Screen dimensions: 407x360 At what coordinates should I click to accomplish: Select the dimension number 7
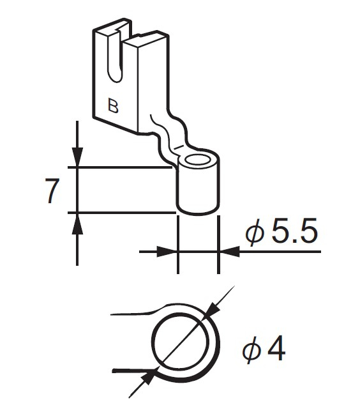[53, 190]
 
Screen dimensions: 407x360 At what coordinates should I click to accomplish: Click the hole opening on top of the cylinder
[200, 159]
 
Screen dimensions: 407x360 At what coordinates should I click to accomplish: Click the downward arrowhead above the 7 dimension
[77, 157]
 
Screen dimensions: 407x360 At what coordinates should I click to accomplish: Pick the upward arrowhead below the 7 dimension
[77, 222]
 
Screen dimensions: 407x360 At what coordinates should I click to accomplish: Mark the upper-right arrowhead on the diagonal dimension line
[213, 311]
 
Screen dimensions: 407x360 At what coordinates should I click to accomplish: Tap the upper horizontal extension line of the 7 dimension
[121, 168]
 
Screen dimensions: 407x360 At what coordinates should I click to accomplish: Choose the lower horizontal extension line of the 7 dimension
[121, 211]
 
